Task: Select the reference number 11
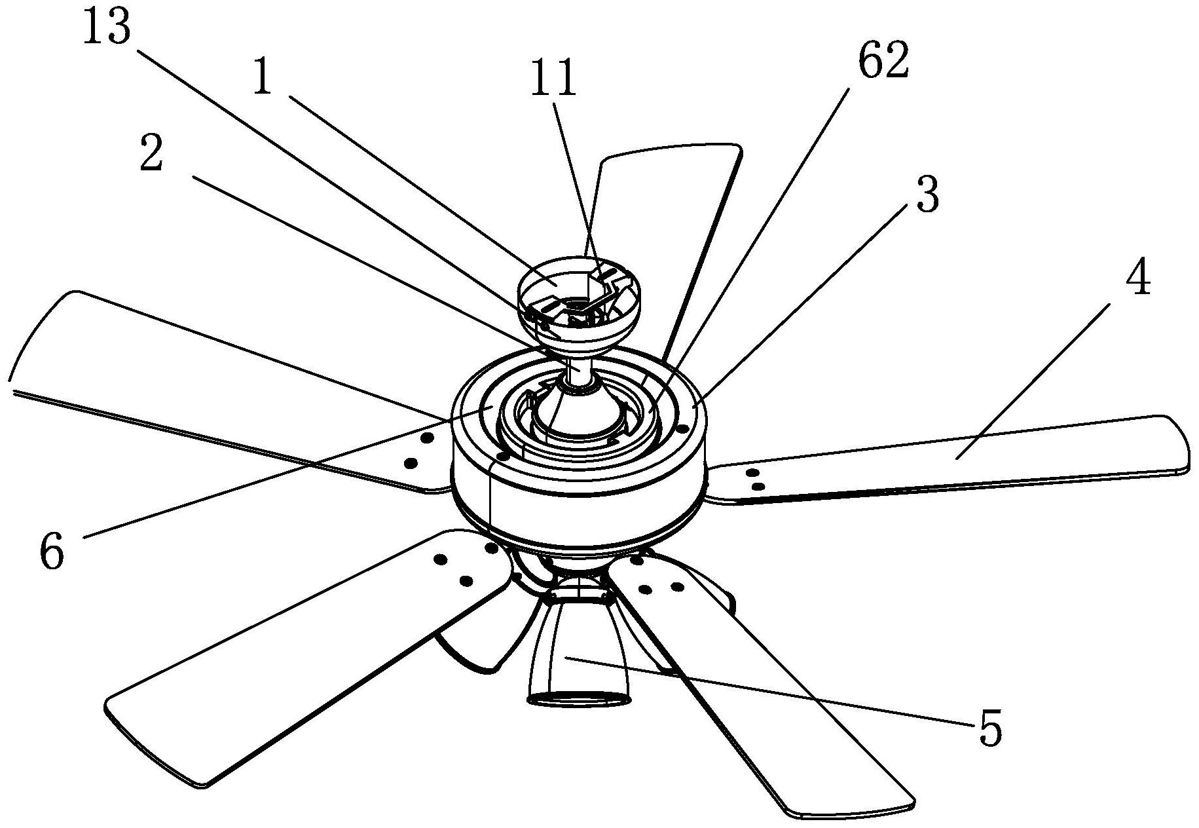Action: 554,78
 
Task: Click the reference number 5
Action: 990,728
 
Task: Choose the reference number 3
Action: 927,195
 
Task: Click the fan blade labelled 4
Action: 950,459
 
